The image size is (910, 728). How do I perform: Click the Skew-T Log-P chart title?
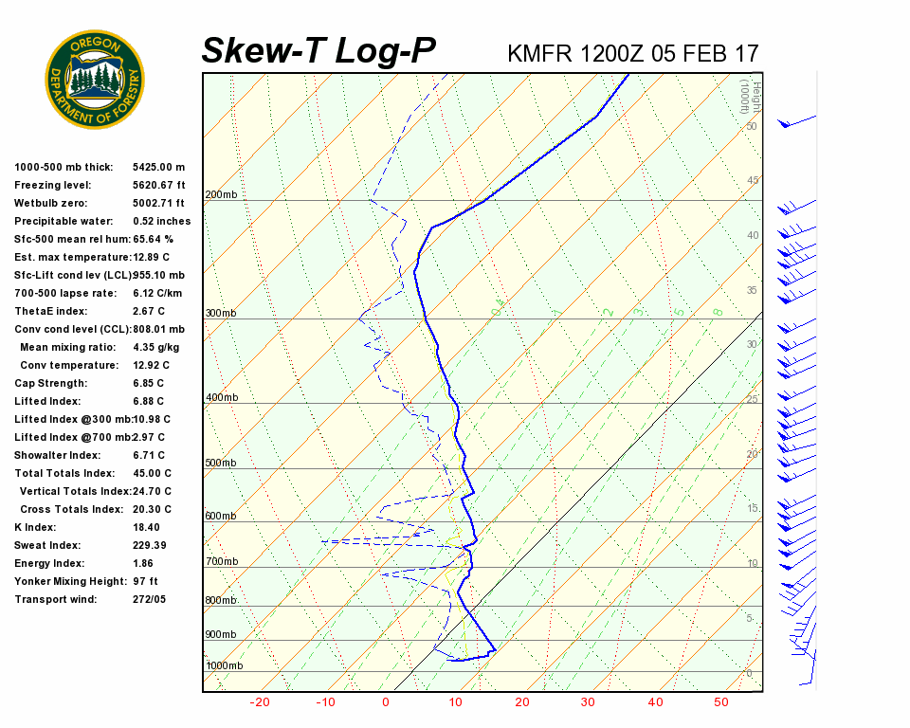[318, 51]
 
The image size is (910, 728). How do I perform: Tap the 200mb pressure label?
[221, 195]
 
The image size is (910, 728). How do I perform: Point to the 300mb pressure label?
[221, 313]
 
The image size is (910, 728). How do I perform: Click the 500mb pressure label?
[221, 463]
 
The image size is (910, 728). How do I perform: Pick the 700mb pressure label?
[221, 562]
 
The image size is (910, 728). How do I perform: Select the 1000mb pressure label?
[224, 665]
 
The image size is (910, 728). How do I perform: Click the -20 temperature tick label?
[260, 702]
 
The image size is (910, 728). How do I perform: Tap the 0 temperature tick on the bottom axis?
[386, 702]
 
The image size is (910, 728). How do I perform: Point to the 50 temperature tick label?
[721, 702]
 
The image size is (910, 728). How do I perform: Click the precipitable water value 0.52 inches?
[161, 221]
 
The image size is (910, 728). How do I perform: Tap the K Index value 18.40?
[146, 527]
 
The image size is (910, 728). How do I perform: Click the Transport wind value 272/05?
[149, 599]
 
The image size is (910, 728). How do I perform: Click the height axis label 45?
[753, 180]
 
